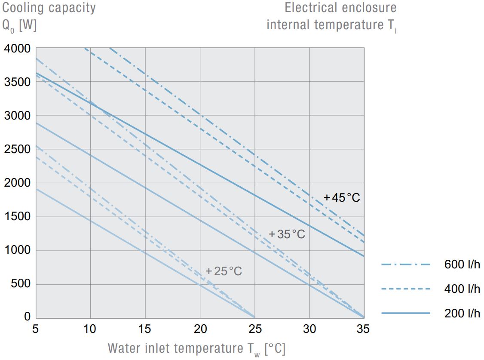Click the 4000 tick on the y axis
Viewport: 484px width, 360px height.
tap(17, 49)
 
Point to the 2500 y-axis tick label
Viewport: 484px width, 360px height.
tap(17, 150)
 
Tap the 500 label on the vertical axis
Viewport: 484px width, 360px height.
tap(20, 284)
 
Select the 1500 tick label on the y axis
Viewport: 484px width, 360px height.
tap(17, 217)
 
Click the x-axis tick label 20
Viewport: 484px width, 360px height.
tap(200, 329)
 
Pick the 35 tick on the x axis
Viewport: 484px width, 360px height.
tap(363, 329)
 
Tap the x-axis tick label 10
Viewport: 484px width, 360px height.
tap(90, 329)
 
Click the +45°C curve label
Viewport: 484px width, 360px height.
tap(342, 198)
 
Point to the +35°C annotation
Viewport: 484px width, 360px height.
tap(287, 234)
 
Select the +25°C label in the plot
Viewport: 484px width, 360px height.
tap(224, 271)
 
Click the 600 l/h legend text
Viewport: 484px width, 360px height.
tap(462, 265)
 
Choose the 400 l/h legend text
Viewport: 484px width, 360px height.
tap(462, 289)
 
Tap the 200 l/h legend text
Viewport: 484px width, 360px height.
tap(462, 313)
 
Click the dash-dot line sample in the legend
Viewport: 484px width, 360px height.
tap(405, 265)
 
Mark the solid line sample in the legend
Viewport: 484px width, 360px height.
tap(405, 313)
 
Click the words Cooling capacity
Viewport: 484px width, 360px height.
tap(49, 8)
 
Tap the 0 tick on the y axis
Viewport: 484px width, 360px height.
tap(27, 317)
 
